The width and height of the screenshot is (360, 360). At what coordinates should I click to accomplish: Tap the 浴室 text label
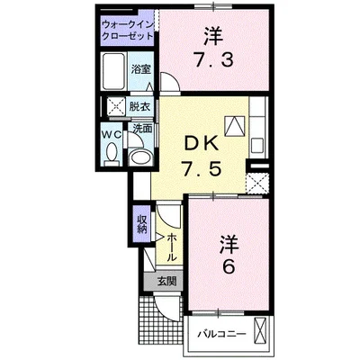[139, 69]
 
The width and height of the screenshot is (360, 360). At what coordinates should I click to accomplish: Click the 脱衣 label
[139, 105]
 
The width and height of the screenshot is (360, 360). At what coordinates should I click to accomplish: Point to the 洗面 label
[141, 128]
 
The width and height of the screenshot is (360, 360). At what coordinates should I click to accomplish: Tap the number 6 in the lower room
[229, 267]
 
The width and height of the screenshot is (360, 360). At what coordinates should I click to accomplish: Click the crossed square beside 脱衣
[114, 105]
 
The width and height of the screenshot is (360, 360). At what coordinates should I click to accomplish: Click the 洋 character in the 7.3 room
[212, 38]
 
